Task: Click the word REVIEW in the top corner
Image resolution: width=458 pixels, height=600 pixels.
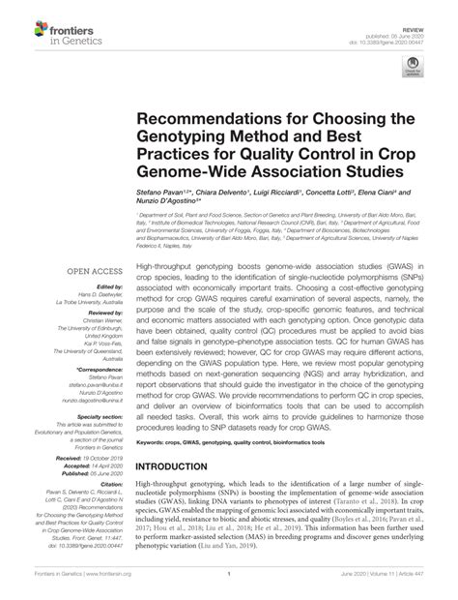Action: point(425,11)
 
